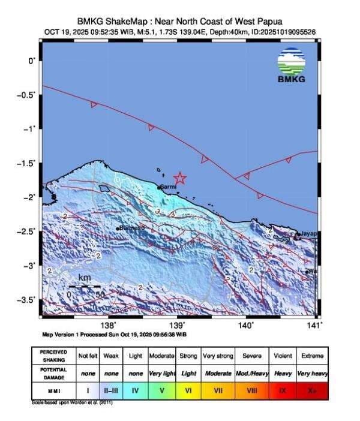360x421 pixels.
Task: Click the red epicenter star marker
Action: [x=180, y=178]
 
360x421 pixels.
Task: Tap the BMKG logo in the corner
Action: [x=291, y=65]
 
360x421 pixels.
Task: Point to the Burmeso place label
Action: [x=132, y=228]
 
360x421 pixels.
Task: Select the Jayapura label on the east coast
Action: [x=308, y=233]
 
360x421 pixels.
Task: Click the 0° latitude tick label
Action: [x=31, y=60]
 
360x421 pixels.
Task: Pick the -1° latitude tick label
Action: [x=29, y=128]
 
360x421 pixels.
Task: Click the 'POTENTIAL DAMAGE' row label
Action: [x=53, y=372]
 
